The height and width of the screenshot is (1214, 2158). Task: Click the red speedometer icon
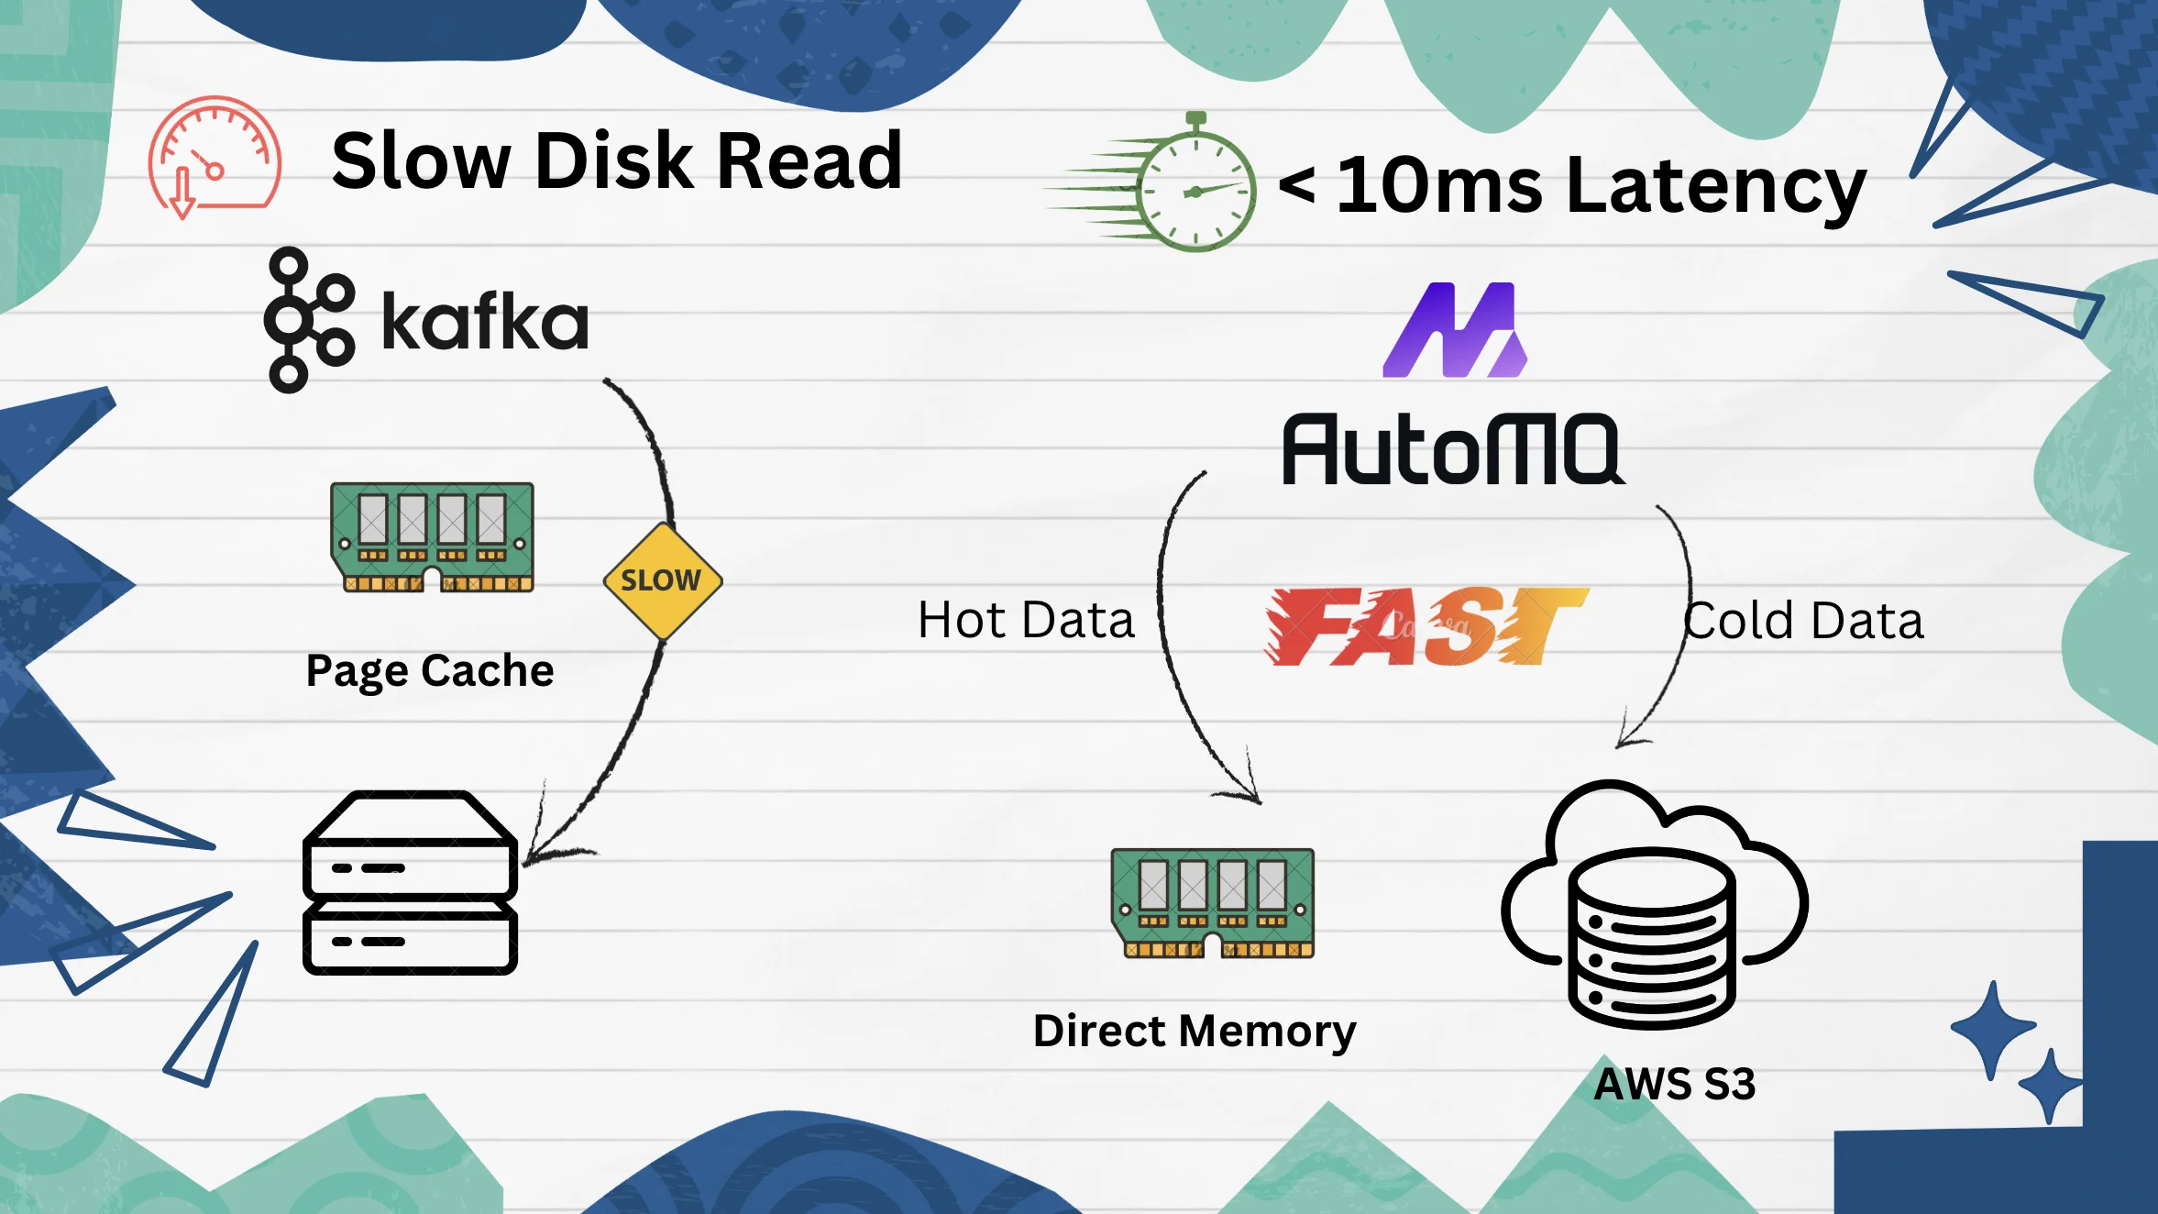(214, 157)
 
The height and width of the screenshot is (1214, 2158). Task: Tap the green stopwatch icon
(1192, 188)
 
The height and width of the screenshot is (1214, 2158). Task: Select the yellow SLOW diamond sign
(662, 580)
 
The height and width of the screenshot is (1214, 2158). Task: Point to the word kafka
(484, 322)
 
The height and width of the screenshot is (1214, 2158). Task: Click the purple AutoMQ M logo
(1455, 330)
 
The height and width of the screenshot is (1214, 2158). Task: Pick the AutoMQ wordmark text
(1452, 449)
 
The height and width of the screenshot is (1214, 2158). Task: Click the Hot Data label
(1026, 621)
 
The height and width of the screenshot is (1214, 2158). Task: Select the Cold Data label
(1803, 621)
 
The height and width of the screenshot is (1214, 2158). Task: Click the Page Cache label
(430, 670)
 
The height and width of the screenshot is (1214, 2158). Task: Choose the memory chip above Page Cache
(432, 537)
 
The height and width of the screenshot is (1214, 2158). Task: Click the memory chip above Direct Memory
(1212, 903)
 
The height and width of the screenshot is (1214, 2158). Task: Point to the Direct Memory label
(1195, 1031)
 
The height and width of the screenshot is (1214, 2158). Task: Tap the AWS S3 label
(1674, 1084)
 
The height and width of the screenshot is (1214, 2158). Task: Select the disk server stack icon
(410, 882)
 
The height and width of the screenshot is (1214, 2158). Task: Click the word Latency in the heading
(1716, 187)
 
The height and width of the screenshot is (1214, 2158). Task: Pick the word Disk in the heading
(614, 161)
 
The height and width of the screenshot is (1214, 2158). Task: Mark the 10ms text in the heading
(1439, 187)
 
